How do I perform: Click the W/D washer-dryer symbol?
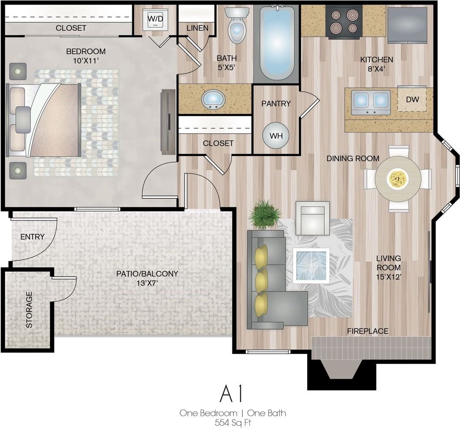click(155, 19)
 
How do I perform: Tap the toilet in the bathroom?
click(237, 25)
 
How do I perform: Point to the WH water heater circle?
click(276, 135)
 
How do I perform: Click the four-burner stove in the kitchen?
click(344, 22)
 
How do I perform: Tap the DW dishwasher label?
click(412, 99)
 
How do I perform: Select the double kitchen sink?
click(371, 102)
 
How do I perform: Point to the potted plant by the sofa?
click(264, 214)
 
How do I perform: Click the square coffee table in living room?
click(311, 265)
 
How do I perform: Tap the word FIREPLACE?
click(367, 331)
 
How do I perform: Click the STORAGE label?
click(29, 310)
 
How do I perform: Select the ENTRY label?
click(32, 237)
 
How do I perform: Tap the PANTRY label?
click(276, 104)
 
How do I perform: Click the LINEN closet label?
click(198, 28)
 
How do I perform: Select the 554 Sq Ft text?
click(233, 423)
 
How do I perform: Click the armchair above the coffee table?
click(313, 218)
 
